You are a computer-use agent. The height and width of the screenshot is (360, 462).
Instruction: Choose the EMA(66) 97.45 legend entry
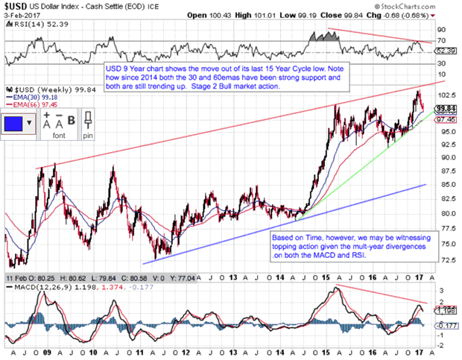[33, 105]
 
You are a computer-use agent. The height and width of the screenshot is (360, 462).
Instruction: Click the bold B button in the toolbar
[72, 119]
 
